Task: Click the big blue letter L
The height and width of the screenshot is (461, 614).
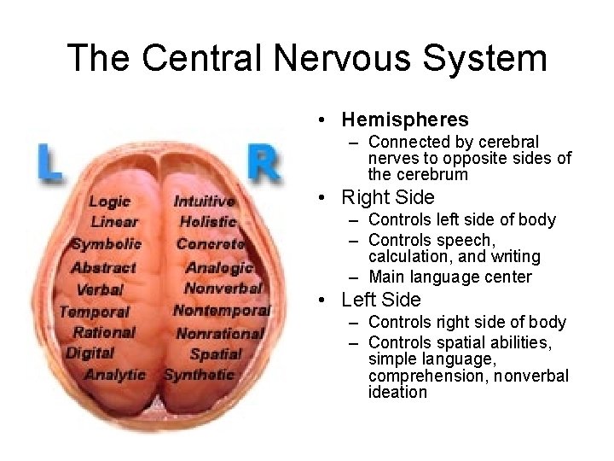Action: click(49, 162)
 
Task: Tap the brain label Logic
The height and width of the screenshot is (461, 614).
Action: click(109, 201)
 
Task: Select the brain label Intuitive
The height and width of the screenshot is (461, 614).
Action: click(204, 201)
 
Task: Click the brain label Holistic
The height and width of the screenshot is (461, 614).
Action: click(207, 222)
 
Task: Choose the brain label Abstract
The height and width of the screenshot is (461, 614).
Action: click(103, 266)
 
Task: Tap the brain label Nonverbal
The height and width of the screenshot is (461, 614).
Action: click(223, 288)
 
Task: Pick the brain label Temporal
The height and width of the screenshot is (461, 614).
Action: click(95, 312)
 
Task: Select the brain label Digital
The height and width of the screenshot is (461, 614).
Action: click(90, 353)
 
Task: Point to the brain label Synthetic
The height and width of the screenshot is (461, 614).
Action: click(199, 374)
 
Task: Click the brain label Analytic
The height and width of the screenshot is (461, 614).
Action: click(115, 374)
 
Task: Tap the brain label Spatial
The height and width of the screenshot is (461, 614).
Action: click(216, 353)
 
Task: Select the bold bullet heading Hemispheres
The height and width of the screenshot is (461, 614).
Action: click(405, 120)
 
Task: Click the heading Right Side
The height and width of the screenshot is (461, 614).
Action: click(388, 197)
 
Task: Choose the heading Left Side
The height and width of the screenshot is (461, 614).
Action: click(381, 300)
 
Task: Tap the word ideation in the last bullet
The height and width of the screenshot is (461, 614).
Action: click(397, 393)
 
